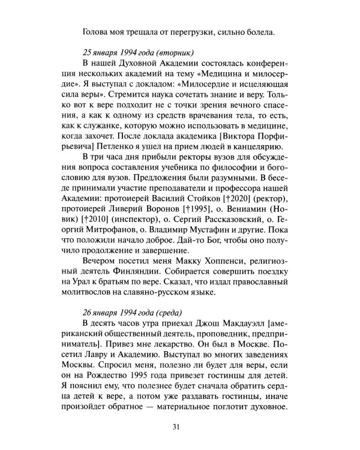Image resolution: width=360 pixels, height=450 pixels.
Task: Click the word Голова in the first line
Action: point(97,32)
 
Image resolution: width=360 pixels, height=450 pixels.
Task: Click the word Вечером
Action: point(98,267)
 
